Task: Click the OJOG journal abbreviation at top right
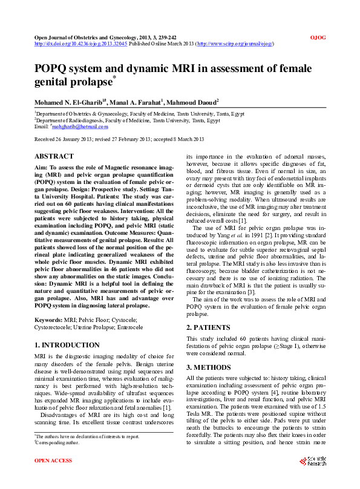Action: click(x=318, y=38)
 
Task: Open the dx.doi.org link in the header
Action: click(x=80, y=44)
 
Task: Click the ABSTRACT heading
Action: click(x=54, y=156)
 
